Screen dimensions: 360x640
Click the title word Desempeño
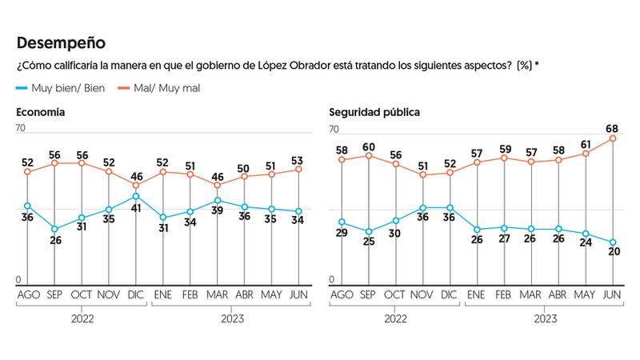61,42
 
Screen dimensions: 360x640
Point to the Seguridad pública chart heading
374,113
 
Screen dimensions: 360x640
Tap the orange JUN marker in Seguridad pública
613,138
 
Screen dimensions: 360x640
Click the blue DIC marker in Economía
136,196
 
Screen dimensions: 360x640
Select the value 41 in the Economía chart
136,209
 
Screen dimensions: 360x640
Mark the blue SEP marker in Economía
54,230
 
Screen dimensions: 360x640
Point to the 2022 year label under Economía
82,318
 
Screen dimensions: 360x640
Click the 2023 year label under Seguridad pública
546,318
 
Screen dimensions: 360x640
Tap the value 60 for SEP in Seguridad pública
369,146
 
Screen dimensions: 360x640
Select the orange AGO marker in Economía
27,172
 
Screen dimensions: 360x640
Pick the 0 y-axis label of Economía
20,279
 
